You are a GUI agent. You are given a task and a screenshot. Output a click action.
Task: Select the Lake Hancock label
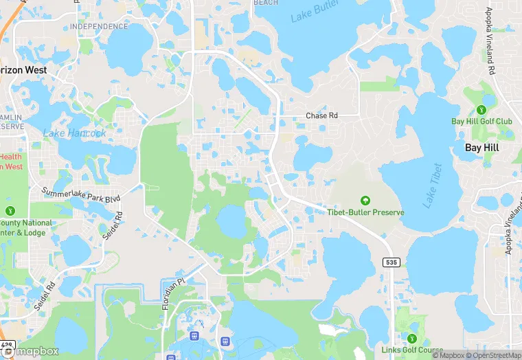click(x=75, y=133)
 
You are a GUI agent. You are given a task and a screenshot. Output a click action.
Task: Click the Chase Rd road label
click(x=321, y=116)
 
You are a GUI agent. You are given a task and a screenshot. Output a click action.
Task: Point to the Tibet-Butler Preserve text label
click(x=365, y=212)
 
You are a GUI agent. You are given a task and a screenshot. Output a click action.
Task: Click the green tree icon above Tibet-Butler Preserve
click(x=365, y=200)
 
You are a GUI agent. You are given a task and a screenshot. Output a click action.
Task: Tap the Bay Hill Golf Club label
click(x=481, y=122)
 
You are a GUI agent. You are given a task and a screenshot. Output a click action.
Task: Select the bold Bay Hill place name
click(x=482, y=148)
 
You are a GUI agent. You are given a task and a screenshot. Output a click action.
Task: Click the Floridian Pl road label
click(x=174, y=293)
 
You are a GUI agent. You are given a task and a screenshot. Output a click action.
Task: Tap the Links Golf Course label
click(x=412, y=350)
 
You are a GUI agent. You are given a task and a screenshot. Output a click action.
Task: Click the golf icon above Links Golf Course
click(x=411, y=339)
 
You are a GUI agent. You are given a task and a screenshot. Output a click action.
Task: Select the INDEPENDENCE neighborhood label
click(x=98, y=27)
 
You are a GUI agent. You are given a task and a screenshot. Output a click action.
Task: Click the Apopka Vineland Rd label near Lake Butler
click(x=490, y=41)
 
